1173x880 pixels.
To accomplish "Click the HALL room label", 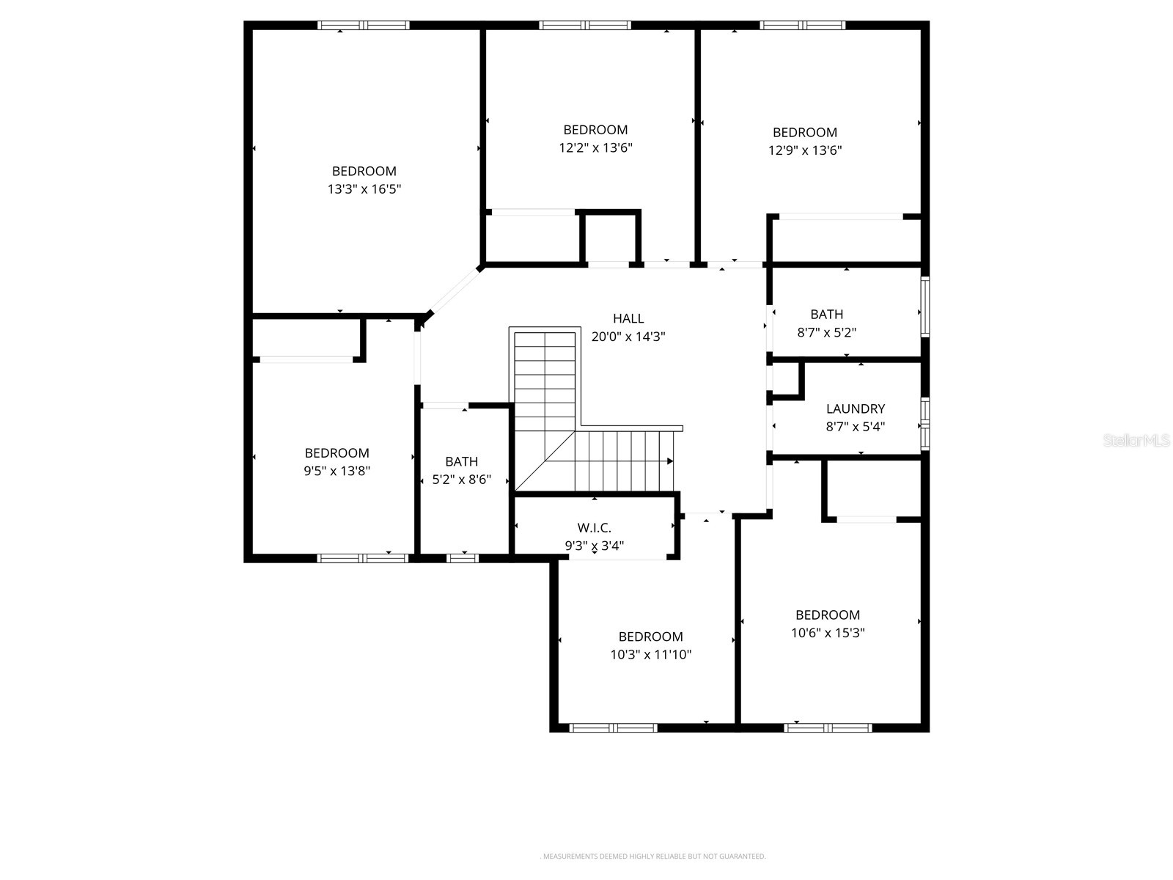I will click(x=628, y=318).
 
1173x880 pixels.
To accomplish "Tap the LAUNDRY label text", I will click(x=856, y=408).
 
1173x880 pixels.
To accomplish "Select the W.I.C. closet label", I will click(x=594, y=528).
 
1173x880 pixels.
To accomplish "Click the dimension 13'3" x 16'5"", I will click(x=364, y=189).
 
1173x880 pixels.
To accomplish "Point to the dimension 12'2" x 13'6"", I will click(x=595, y=147).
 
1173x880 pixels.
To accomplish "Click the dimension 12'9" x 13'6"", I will click(x=805, y=150).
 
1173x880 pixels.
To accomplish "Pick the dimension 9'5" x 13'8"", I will click(x=337, y=471).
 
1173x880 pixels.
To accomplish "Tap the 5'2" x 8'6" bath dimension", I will click(x=461, y=480).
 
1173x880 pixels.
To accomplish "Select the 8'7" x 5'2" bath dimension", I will click(x=827, y=332).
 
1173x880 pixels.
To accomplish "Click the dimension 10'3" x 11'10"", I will click(x=651, y=654).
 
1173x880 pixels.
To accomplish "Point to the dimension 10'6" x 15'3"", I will click(x=828, y=633).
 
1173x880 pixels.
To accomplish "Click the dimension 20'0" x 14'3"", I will click(x=628, y=337).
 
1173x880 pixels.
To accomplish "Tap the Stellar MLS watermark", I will click(x=1137, y=440).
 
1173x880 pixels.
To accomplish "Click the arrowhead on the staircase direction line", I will click(x=670, y=461).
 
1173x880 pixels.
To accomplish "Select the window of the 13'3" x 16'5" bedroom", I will click(x=364, y=25).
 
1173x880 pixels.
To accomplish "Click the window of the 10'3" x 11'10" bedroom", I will click(x=614, y=727).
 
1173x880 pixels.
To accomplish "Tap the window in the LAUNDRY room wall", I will click(x=925, y=423).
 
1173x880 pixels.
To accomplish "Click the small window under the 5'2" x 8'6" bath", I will click(x=462, y=558).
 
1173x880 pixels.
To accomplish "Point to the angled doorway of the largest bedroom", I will click(x=452, y=291).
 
